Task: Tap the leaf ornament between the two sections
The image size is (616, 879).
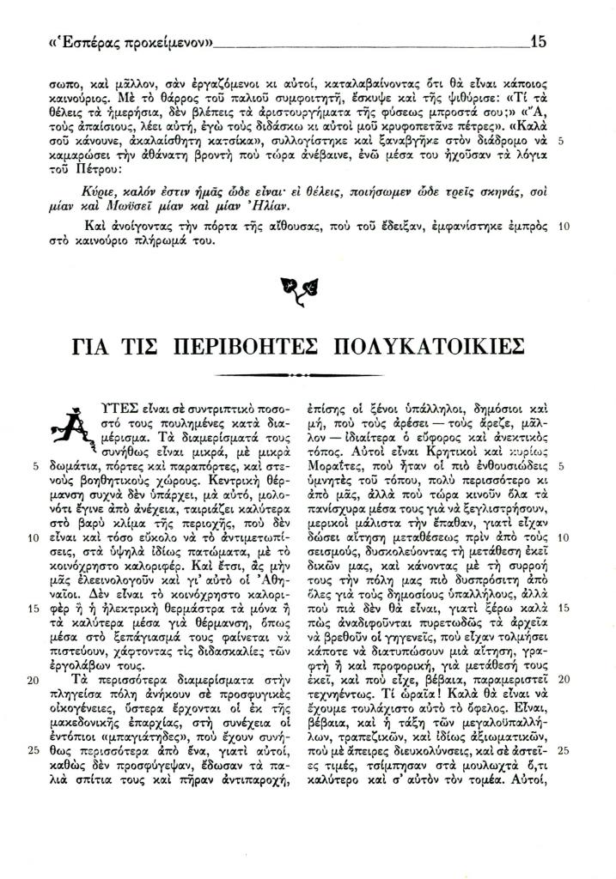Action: (x=307, y=292)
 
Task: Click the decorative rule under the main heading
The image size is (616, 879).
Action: (x=308, y=375)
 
